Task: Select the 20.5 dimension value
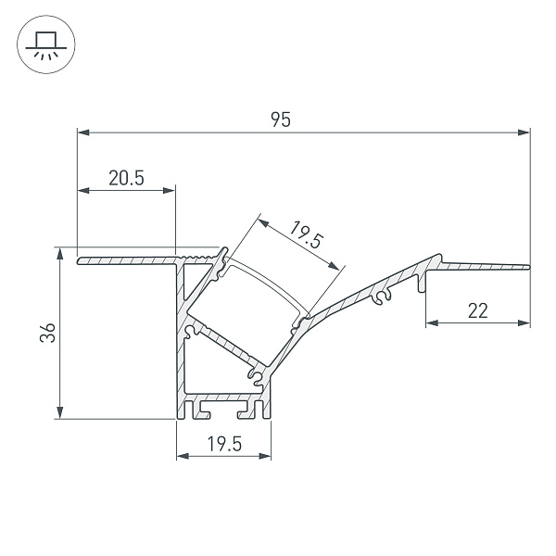[x=126, y=179]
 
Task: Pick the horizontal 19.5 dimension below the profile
[x=223, y=444]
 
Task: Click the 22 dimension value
[x=477, y=311]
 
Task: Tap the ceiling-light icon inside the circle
[x=44, y=44]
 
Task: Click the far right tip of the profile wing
[x=529, y=268]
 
